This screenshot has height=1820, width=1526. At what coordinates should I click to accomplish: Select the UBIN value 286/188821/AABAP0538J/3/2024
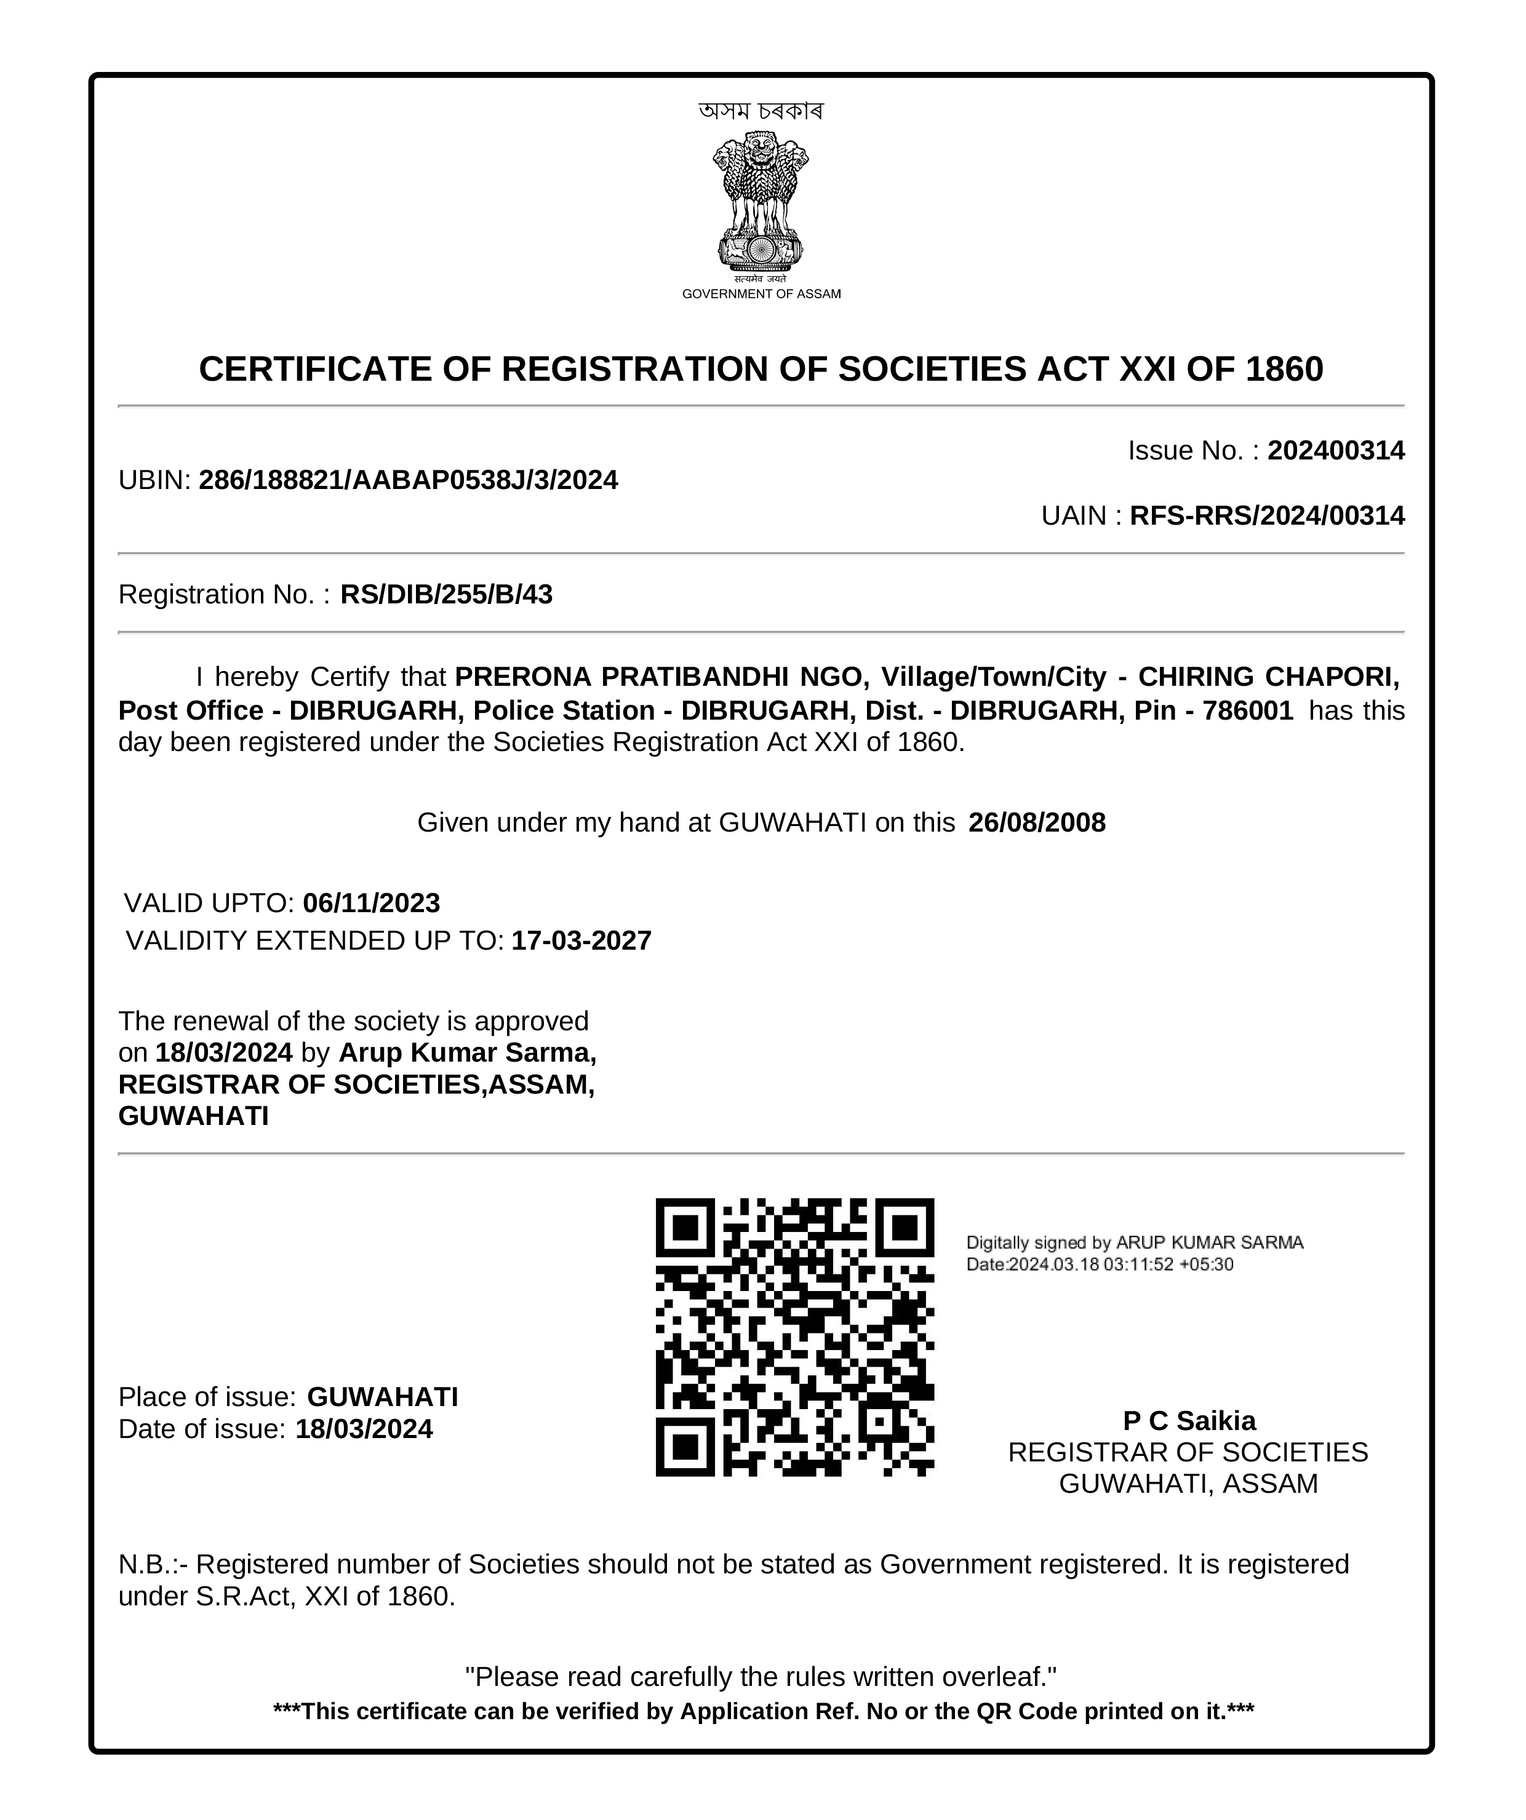pos(409,480)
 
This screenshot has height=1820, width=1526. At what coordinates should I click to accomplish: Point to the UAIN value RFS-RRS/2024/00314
pos(1267,515)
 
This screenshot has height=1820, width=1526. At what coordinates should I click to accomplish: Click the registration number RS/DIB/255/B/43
pos(447,595)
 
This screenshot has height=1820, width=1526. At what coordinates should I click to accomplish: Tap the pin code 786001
pos(1248,710)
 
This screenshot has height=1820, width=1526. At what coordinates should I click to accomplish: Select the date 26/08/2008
pos(1037,822)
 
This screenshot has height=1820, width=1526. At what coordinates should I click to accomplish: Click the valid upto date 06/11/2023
pos(371,903)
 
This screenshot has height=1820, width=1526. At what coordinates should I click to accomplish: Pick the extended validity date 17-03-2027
pos(581,940)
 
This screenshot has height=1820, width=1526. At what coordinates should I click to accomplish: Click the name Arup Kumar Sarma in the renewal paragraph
pos(466,1052)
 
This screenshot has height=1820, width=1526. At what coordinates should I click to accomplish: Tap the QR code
pos(794,1337)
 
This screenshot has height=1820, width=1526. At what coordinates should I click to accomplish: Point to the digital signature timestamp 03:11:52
pos(1140,1265)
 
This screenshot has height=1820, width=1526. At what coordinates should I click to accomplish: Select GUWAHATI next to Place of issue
pos(382,1397)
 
